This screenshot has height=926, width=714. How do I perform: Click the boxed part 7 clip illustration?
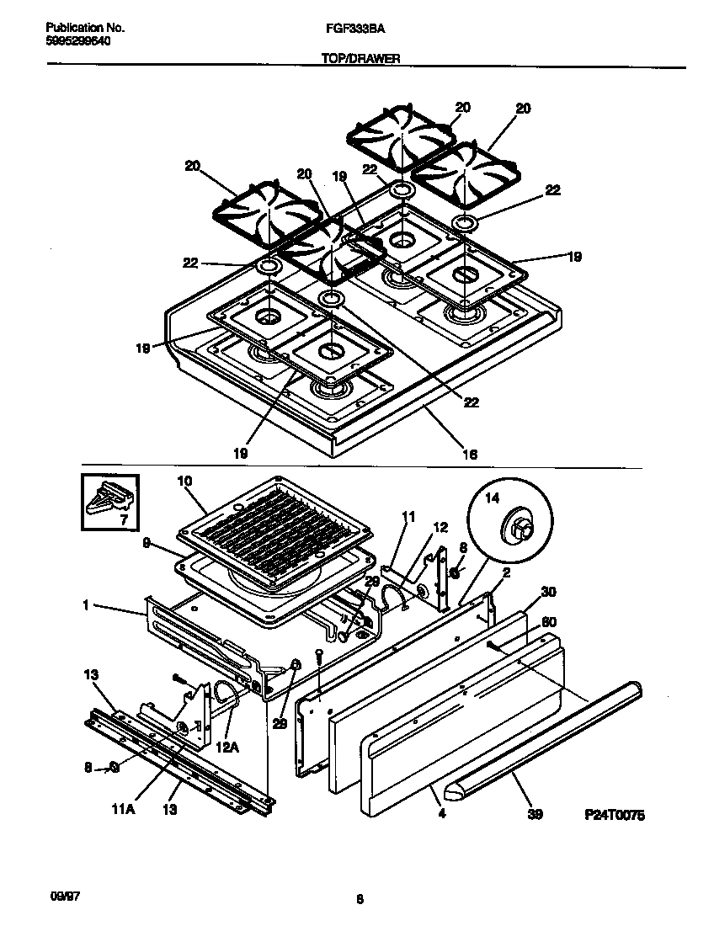click(110, 502)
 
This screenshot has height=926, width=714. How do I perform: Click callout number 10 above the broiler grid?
click(185, 481)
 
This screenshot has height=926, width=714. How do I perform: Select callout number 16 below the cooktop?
click(470, 454)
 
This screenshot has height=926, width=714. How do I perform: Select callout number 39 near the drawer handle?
click(535, 814)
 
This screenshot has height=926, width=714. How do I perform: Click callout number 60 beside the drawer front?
click(549, 621)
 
